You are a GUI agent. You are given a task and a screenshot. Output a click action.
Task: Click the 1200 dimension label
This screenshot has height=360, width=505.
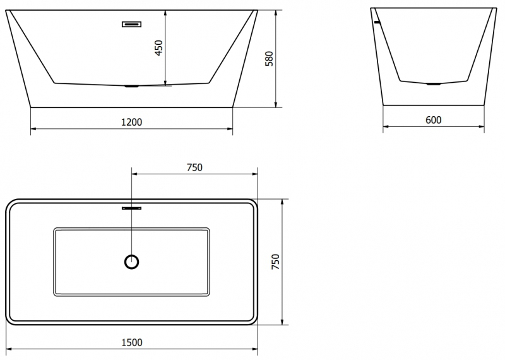click(131, 122)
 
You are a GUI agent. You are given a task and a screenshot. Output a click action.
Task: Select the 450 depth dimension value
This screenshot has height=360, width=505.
click(159, 48)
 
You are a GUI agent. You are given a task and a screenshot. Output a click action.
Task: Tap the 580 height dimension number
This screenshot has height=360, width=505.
click(269, 59)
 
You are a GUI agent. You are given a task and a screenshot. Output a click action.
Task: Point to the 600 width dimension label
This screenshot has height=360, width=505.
click(433, 120)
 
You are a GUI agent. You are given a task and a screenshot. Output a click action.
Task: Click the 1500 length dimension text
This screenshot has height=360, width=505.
click(132, 342)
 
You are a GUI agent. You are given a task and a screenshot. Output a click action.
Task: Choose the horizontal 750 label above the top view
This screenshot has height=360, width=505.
click(194, 167)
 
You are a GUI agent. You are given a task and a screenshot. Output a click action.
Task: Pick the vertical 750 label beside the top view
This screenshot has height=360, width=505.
click(276, 261)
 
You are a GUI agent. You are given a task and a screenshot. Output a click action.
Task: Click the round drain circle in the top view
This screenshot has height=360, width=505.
click(132, 261)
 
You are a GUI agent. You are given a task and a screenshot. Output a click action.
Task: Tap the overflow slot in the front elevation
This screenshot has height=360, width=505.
click(132, 24)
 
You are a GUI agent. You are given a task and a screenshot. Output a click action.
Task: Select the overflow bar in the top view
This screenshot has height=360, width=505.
click(132, 208)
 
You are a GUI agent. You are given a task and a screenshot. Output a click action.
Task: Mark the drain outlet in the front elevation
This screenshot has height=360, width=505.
click(132, 87)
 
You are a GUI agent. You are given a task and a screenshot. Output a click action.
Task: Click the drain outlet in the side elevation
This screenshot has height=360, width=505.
click(433, 84)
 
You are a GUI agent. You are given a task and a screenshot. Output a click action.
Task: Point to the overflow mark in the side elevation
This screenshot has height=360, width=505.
click(377, 22)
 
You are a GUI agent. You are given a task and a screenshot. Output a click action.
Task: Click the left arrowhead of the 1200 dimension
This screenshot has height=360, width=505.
click(33, 129)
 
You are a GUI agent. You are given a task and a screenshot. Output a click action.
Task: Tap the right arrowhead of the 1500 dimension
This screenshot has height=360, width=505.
click(255, 349)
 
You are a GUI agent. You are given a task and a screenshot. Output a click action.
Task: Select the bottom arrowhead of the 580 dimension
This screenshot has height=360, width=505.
click(276, 105)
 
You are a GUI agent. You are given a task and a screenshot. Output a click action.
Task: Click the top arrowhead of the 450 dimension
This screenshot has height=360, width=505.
click(165, 13)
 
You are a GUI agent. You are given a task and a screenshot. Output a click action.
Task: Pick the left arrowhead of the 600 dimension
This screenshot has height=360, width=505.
click(386, 126)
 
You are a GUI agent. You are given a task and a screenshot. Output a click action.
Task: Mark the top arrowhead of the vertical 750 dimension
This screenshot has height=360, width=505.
click(282, 201)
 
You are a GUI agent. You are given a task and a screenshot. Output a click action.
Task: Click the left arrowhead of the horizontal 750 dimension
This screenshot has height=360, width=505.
click(134, 174)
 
